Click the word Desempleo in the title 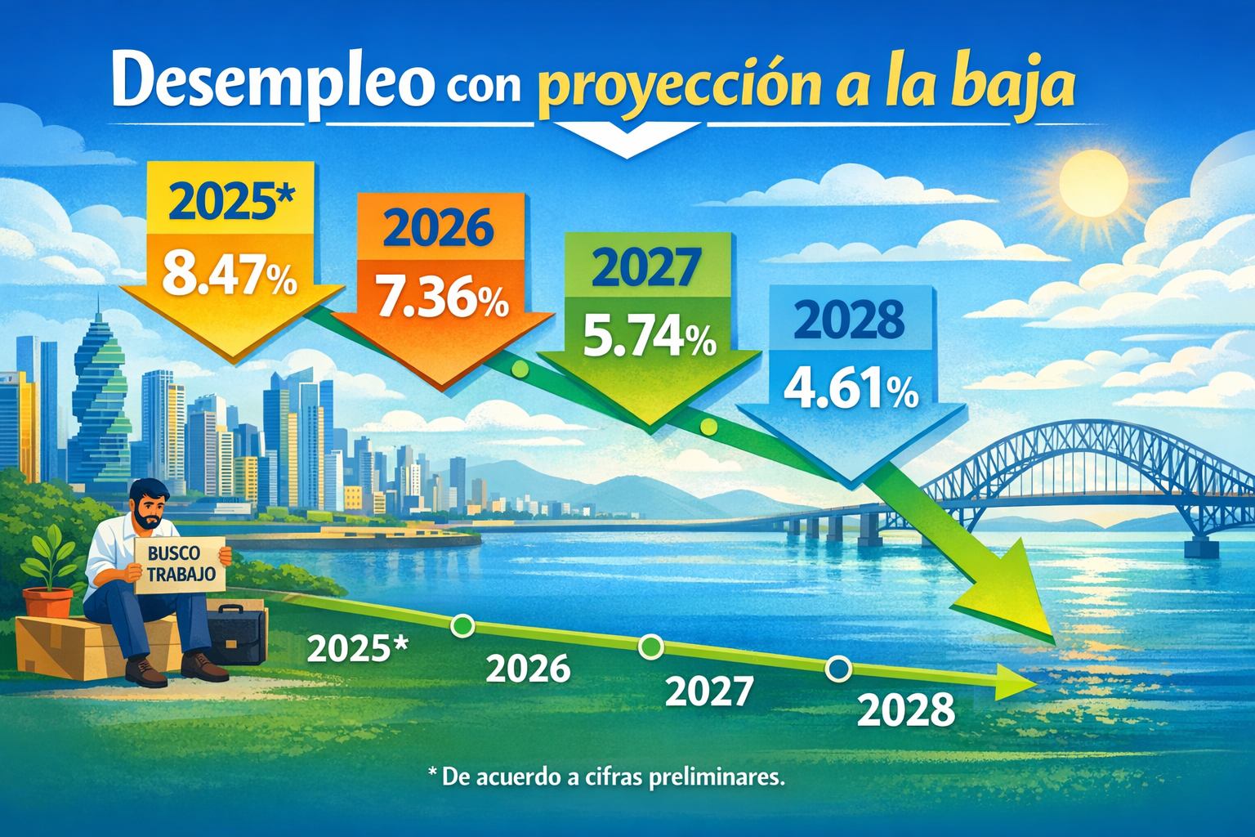(273, 79)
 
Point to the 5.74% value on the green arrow (650, 339)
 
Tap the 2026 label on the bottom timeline (529, 669)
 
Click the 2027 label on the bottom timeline (708, 692)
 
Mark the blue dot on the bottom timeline (839, 669)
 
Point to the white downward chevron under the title (627, 142)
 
